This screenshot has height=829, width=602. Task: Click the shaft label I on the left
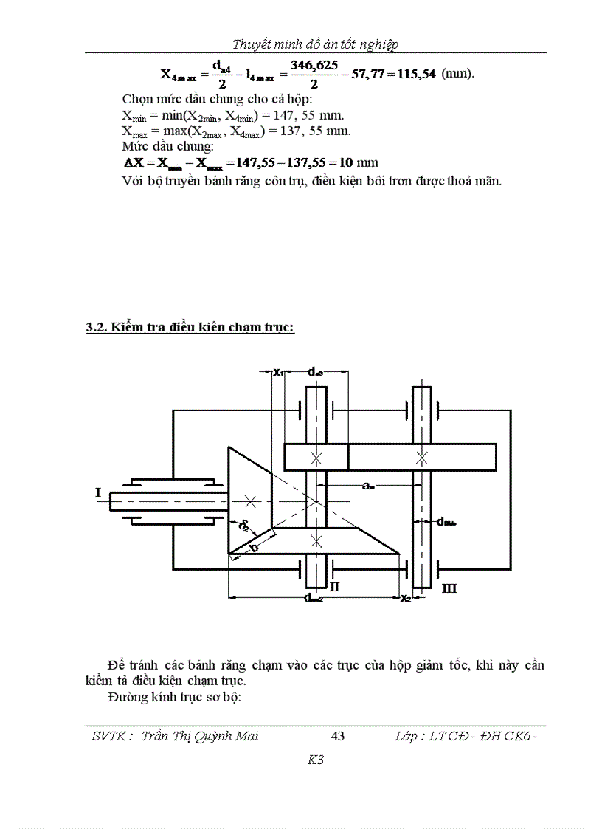coord(97,490)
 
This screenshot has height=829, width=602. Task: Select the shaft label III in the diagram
coord(449,588)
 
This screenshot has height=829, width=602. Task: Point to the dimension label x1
coord(278,372)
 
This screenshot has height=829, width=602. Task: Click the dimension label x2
coord(406,598)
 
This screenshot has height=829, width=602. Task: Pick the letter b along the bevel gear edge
coord(254,548)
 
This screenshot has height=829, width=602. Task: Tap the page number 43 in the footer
coord(339,736)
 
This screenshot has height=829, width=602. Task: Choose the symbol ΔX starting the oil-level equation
coord(135,162)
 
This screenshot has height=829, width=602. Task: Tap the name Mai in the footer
coord(246,736)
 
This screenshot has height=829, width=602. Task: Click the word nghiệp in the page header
coord(380,44)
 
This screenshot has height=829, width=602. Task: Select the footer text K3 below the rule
coord(316,760)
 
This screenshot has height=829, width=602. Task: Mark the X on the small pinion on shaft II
coord(316,458)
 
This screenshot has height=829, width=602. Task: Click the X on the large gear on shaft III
coord(421,458)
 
